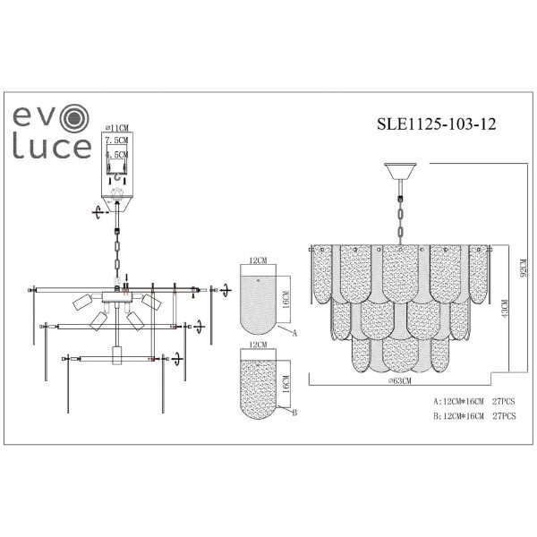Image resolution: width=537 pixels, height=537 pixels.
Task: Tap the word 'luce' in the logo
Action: click(x=53, y=149)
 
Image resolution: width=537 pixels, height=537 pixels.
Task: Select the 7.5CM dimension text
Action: click(x=117, y=141)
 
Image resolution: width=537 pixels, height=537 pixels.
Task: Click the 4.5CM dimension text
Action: click(x=117, y=154)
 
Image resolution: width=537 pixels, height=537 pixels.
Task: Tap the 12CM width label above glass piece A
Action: click(x=259, y=260)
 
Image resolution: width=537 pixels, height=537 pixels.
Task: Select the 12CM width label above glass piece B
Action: click(x=259, y=344)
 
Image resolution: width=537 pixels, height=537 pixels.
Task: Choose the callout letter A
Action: click(x=294, y=333)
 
